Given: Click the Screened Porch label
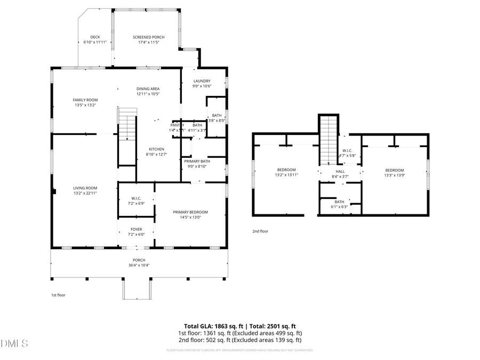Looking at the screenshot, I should [148, 37].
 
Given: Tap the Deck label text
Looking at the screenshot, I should [95, 37].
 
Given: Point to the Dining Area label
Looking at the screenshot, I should [148, 89].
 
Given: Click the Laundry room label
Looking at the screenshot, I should [202, 81].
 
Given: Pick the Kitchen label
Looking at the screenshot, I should [156, 149].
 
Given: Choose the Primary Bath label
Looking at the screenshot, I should [197, 161].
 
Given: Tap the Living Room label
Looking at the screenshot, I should [85, 188].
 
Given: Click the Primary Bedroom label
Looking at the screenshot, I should [190, 212].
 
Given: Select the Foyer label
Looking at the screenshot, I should [137, 230].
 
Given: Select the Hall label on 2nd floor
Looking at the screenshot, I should [340, 172].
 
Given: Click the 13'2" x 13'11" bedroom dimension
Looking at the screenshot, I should [286, 174].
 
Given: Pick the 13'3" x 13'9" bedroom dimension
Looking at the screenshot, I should [395, 174].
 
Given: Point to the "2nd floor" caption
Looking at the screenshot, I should [260, 231].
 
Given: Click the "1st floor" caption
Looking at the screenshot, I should [58, 295].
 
